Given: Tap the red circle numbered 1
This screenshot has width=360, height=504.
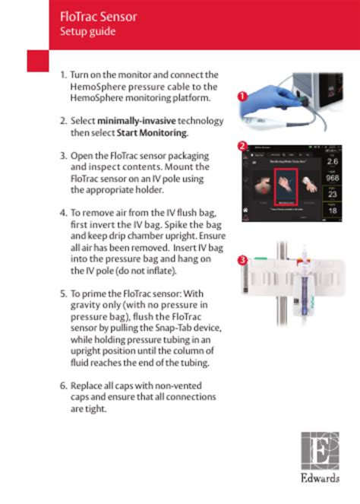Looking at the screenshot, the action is pos(242,97).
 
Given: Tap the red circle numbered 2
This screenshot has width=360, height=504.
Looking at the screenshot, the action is pos(242,145).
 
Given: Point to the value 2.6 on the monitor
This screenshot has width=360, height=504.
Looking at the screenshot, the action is pos(333,162).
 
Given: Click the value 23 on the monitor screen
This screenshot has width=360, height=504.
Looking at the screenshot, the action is pos(333,195).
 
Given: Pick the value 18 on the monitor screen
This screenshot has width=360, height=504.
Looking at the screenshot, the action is pos(333,211).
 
